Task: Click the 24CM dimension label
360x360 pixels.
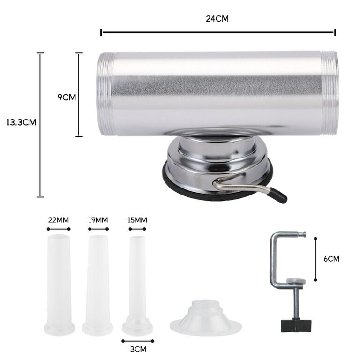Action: (217, 19)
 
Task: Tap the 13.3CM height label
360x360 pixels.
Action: (21, 122)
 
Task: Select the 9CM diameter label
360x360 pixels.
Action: (67, 97)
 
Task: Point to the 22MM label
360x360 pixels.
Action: (58, 220)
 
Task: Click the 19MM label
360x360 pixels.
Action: (98, 220)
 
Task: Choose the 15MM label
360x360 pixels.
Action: (137, 220)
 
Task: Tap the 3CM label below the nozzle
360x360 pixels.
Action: (138, 349)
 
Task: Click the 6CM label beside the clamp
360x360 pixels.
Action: (331, 259)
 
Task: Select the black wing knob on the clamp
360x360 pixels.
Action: (296, 325)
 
